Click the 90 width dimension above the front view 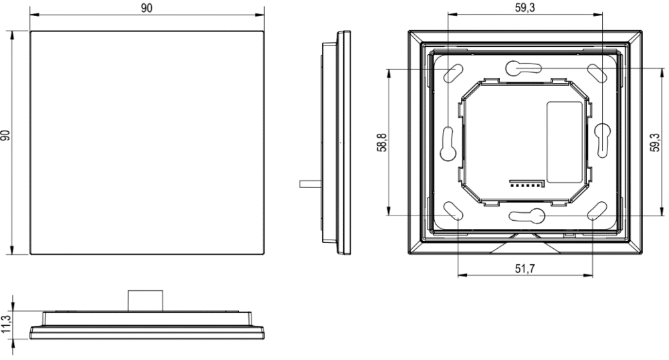tap(147, 8)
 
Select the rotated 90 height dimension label tap(5, 136)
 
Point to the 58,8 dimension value tap(382, 143)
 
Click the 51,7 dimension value tap(524, 268)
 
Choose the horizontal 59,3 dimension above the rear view tap(524, 7)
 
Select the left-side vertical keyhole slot tap(448, 143)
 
